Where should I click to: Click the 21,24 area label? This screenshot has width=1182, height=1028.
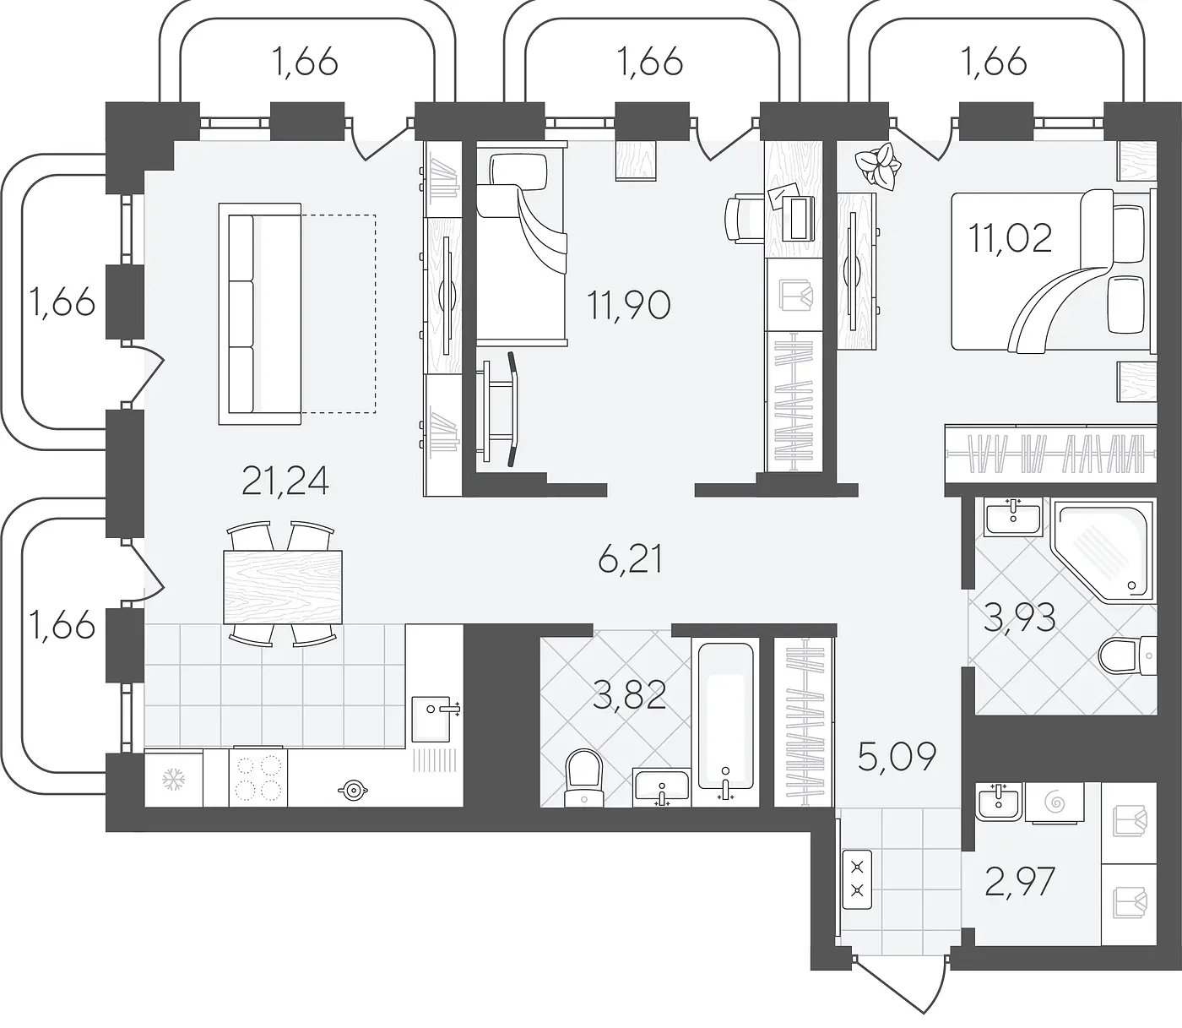pos(285,481)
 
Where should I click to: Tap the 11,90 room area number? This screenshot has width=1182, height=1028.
pos(628,305)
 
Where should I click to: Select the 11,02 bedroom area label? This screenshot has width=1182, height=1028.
pos(1011,238)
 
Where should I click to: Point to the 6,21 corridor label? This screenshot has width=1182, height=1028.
pos(631,559)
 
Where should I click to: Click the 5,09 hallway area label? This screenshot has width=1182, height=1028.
pos(897,758)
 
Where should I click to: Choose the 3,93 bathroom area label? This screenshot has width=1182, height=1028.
pos(1019,617)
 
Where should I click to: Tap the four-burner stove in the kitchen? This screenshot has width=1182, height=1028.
pos(258,778)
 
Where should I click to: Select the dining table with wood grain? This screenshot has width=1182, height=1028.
pos(283,587)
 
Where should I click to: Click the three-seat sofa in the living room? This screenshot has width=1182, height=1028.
pos(260,313)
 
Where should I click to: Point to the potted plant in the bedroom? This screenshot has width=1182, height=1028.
pos(878,166)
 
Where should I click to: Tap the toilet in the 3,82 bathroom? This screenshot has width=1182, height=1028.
pos(583,778)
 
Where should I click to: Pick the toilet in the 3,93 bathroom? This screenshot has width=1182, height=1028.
pos(1127,655)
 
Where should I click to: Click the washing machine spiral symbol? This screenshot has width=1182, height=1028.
pos(1055,802)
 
